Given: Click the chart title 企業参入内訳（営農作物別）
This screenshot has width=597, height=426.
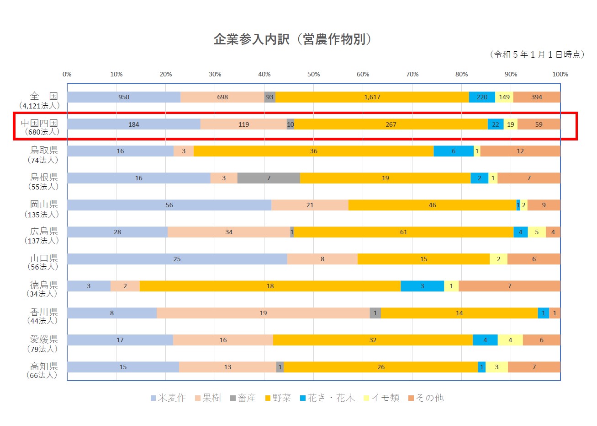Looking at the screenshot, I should click(x=293, y=39).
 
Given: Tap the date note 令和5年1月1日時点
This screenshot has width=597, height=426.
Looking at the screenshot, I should click(x=537, y=54).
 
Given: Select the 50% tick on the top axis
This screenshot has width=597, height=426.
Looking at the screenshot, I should click(x=313, y=74).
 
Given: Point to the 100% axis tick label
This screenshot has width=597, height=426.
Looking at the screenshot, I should click(x=560, y=74).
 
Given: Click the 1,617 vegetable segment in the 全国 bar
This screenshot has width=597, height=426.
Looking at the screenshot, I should click(x=372, y=97).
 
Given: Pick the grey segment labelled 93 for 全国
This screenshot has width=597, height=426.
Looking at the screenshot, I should click(x=269, y=97).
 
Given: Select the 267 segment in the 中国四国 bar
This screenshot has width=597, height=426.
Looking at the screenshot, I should click(x=391, y=124).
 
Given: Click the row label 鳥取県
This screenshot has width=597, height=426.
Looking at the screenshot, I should click(x=44, y=150).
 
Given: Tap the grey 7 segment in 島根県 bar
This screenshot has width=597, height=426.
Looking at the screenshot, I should click(x=269, y=178).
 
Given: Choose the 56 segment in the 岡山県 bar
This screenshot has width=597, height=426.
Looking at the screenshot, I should click(x=169, y=205).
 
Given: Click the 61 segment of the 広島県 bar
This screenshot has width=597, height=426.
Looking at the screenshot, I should click(x=403, y=232).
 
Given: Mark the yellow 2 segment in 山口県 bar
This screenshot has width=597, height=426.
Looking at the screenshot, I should click(x=498, y=259).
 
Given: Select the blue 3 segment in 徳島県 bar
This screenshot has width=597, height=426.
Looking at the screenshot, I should click(x=422, y=286).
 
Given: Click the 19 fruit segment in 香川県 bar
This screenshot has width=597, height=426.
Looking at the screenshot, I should click(x=263, y=313).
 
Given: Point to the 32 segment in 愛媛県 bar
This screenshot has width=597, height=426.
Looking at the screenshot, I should click(x=373, y=340).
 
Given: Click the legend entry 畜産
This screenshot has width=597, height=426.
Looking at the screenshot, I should click(x=243, y=398).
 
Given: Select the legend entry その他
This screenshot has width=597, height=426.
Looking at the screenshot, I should click(x=426, y=398).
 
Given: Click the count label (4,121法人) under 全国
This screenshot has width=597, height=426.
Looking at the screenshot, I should click(x=40, y=106).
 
